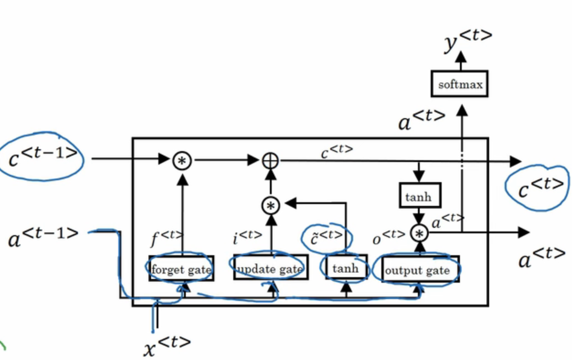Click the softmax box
tap(461, 84)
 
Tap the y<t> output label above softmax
tap(467, 43)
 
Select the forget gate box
tap(182, 269)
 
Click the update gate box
tap(269, 269)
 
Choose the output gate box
tap(419, 269)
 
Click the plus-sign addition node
tap(269, 161)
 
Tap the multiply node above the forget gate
tap(182, 161)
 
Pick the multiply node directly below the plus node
tap(269, 206)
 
